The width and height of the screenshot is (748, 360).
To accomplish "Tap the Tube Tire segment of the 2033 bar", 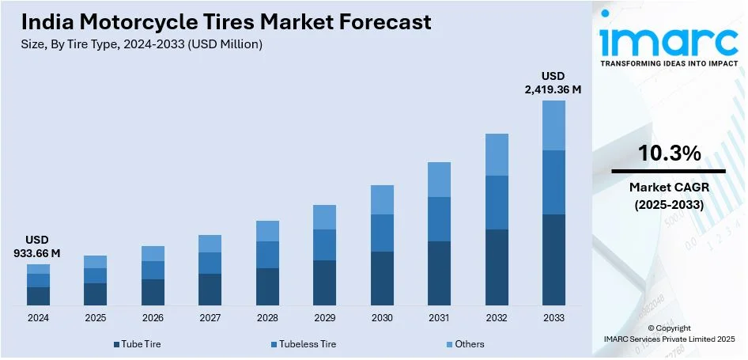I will pos(553,260).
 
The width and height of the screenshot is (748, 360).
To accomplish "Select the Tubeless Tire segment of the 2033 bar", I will pos(553,182).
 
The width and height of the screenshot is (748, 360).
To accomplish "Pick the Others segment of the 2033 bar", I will pos(553,125).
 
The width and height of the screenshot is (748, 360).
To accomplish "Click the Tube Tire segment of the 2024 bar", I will pos(38,296).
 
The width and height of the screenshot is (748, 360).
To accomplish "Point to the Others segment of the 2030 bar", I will pos(382,199).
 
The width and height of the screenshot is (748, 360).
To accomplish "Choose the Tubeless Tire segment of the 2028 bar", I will pos(267,255).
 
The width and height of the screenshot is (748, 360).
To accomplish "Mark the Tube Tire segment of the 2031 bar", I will pos(439,273).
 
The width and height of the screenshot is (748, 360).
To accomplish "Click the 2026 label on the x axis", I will pos(153,317).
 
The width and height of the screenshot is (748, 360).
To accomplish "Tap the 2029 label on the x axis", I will pos(325,317).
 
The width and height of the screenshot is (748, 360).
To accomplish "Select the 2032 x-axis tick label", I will pos(497,317).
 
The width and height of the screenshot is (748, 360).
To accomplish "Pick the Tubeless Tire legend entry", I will pos(303,344).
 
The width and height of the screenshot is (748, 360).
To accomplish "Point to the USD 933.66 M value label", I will pos(38,247).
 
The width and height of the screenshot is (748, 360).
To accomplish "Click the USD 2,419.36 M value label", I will pos(553,83).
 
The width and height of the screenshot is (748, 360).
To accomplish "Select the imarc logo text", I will pos(668,37).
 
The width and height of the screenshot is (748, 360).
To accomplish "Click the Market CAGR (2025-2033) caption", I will pos(668,195).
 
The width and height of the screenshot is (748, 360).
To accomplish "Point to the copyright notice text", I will pos(668,333).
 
